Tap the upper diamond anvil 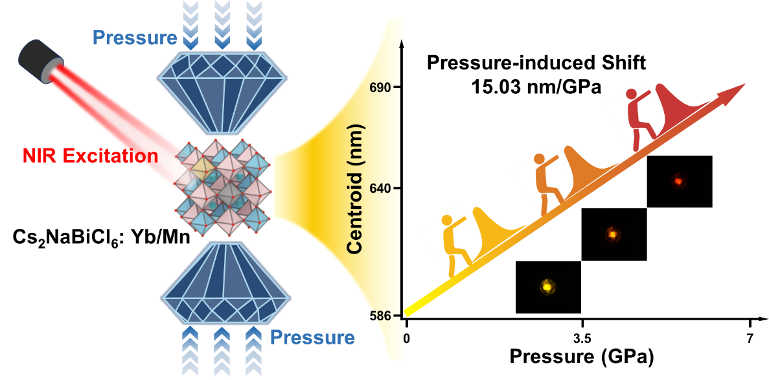click(223, 90)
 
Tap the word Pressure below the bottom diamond click(312, 338)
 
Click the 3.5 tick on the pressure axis click(582, 338)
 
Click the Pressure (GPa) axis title click(582, 357)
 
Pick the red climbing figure click(643, 119)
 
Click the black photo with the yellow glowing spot click(548, 287)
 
